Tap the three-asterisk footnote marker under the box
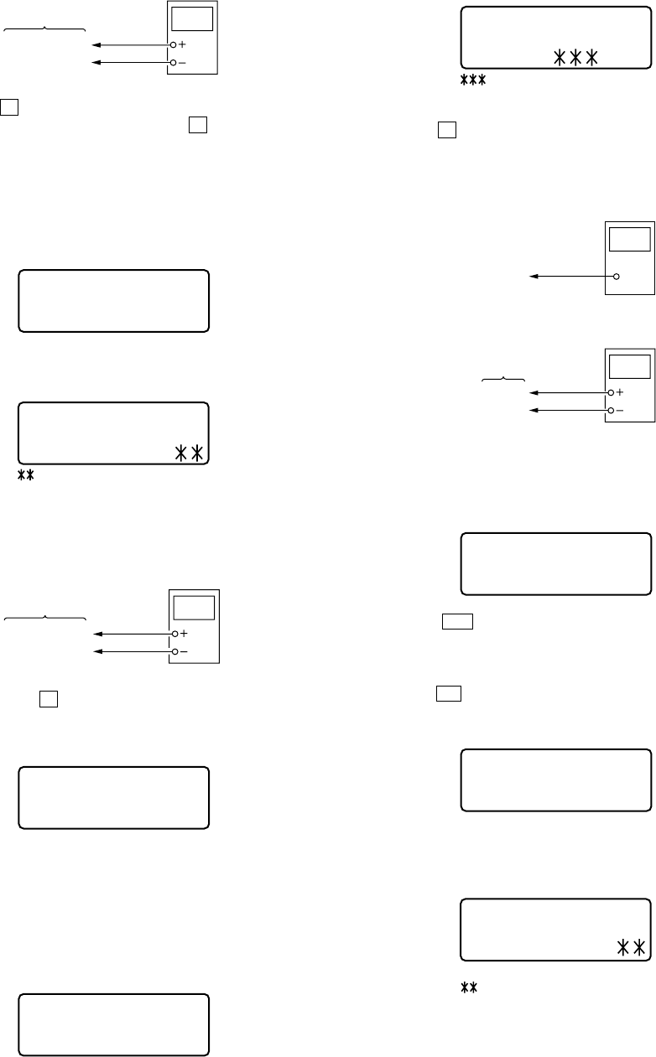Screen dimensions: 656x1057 click(x=475, y=80)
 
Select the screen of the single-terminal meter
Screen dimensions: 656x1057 click(x=630, y=238)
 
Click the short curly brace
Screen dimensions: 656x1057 click(x=502, y=380)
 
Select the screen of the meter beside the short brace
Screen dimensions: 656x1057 click(x=630, y=367)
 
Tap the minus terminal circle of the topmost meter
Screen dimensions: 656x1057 click(x=174, y=63)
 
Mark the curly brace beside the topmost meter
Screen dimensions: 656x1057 click(x=45, y=30)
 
